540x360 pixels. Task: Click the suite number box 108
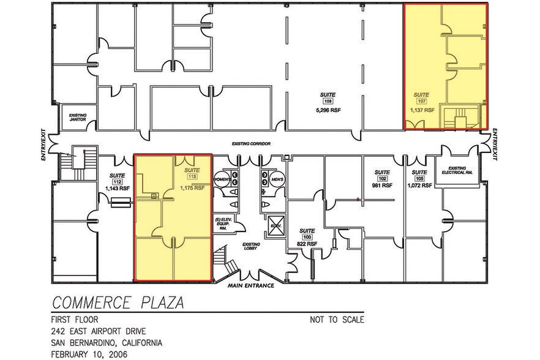click(328, 102)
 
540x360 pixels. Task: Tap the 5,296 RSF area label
click(328, 111)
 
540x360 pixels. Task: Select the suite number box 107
click(421, 102)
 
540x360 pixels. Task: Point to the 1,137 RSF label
click(422, 111)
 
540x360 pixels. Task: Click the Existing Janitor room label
click(78, 117)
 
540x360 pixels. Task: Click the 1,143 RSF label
click(118, 189)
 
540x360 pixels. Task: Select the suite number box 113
click(192, 177)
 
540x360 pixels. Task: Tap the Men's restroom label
click(278, 180)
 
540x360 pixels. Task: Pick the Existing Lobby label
click(251, 246)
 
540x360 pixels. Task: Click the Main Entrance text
click(250, 286)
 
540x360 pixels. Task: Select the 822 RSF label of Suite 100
click(308, 244)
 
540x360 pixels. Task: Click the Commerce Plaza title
click(118, 302)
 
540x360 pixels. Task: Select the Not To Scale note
click(337, 320)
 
